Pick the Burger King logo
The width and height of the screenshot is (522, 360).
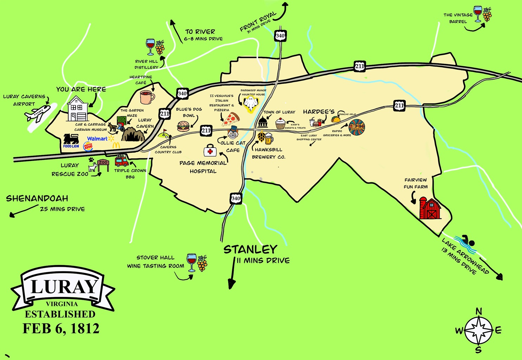88,146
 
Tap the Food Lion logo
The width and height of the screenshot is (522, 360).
71,141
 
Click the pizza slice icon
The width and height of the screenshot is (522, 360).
231,119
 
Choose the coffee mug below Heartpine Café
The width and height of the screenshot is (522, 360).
147,97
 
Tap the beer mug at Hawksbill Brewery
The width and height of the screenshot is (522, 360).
269,139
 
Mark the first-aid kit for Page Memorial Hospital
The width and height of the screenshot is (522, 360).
210,151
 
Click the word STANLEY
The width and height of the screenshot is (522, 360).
250,250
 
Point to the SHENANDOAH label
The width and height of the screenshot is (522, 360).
37,198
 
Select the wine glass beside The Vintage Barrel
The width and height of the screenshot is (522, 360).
478,14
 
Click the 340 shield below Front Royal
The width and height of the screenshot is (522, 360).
280,36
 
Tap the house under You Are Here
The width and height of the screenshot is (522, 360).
78,109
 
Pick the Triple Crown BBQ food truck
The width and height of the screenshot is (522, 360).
122,161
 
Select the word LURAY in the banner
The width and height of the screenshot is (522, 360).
64,287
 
